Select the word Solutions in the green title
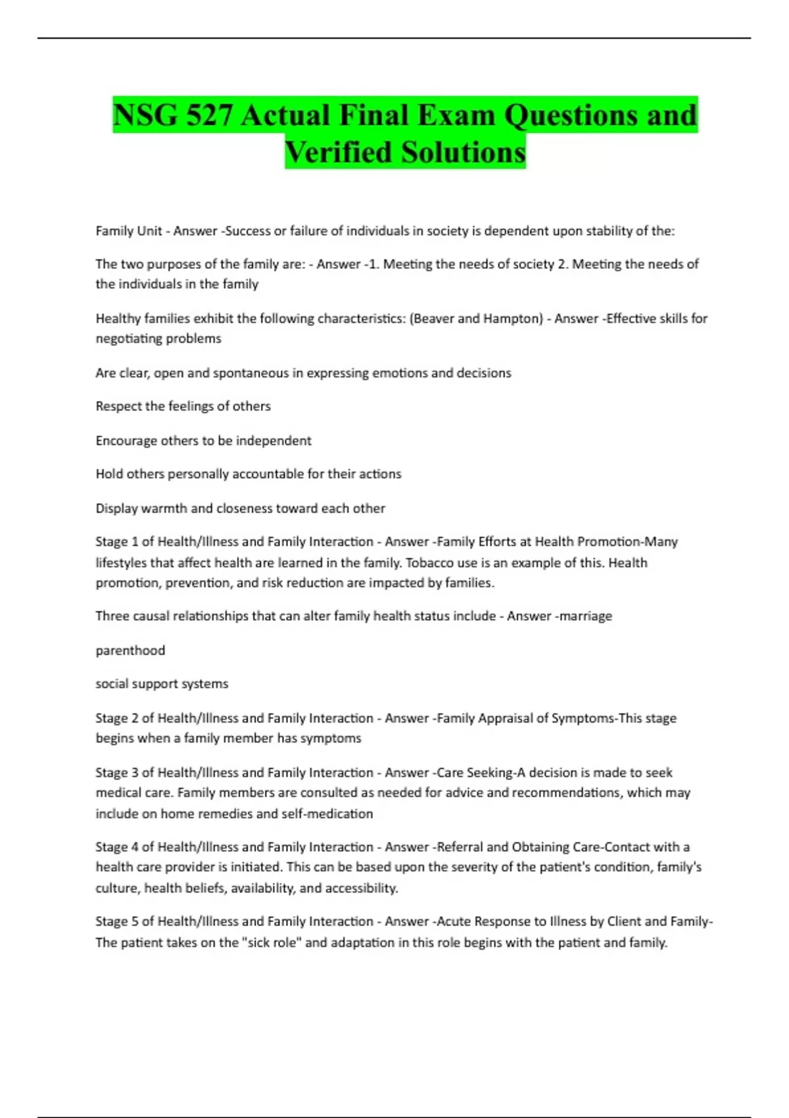pyautogui.click(x=464, y=153)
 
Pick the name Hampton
pyautogui.click(x=513, y=319)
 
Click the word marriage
pyautogui.click(x=585, y=616)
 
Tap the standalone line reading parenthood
pyautogui.click(x=130, y=650)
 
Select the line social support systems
pyautogui.click(x=162, y=684)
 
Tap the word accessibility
pyautogui.click(x=361, y=888)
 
